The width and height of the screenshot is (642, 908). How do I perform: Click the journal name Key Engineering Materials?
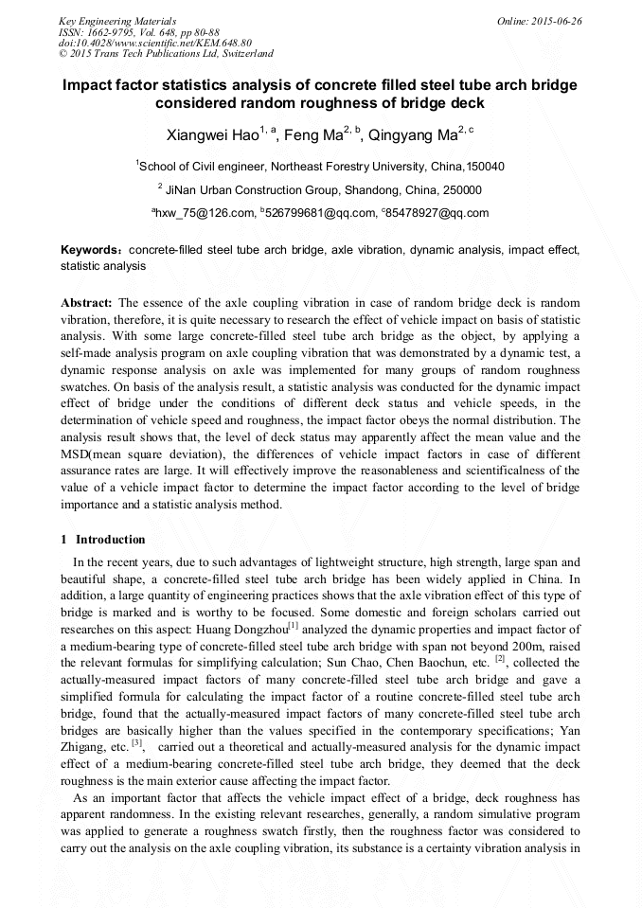click(x=118, y=20)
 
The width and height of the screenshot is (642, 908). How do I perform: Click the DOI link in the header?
click(x=155, y=43)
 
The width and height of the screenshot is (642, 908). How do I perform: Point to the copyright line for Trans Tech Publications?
click(x=166, y=54)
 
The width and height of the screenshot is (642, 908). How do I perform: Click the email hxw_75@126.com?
click(x=205, y=213)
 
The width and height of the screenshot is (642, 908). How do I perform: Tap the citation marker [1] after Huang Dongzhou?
click(x=294, y=625)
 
